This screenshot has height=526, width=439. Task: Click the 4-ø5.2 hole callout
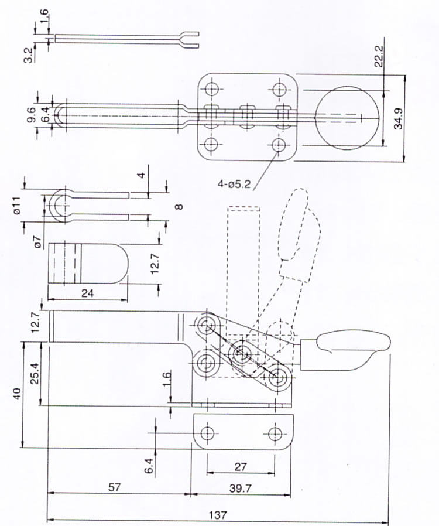point(234,184)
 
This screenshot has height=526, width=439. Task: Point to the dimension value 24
point(88,292)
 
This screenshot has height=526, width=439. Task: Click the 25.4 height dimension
point(35,373)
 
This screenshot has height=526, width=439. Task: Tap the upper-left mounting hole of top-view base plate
point(211,90)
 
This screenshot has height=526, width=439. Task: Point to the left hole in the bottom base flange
point(207,433)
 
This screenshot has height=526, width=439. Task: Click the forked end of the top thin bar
point(190,39)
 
